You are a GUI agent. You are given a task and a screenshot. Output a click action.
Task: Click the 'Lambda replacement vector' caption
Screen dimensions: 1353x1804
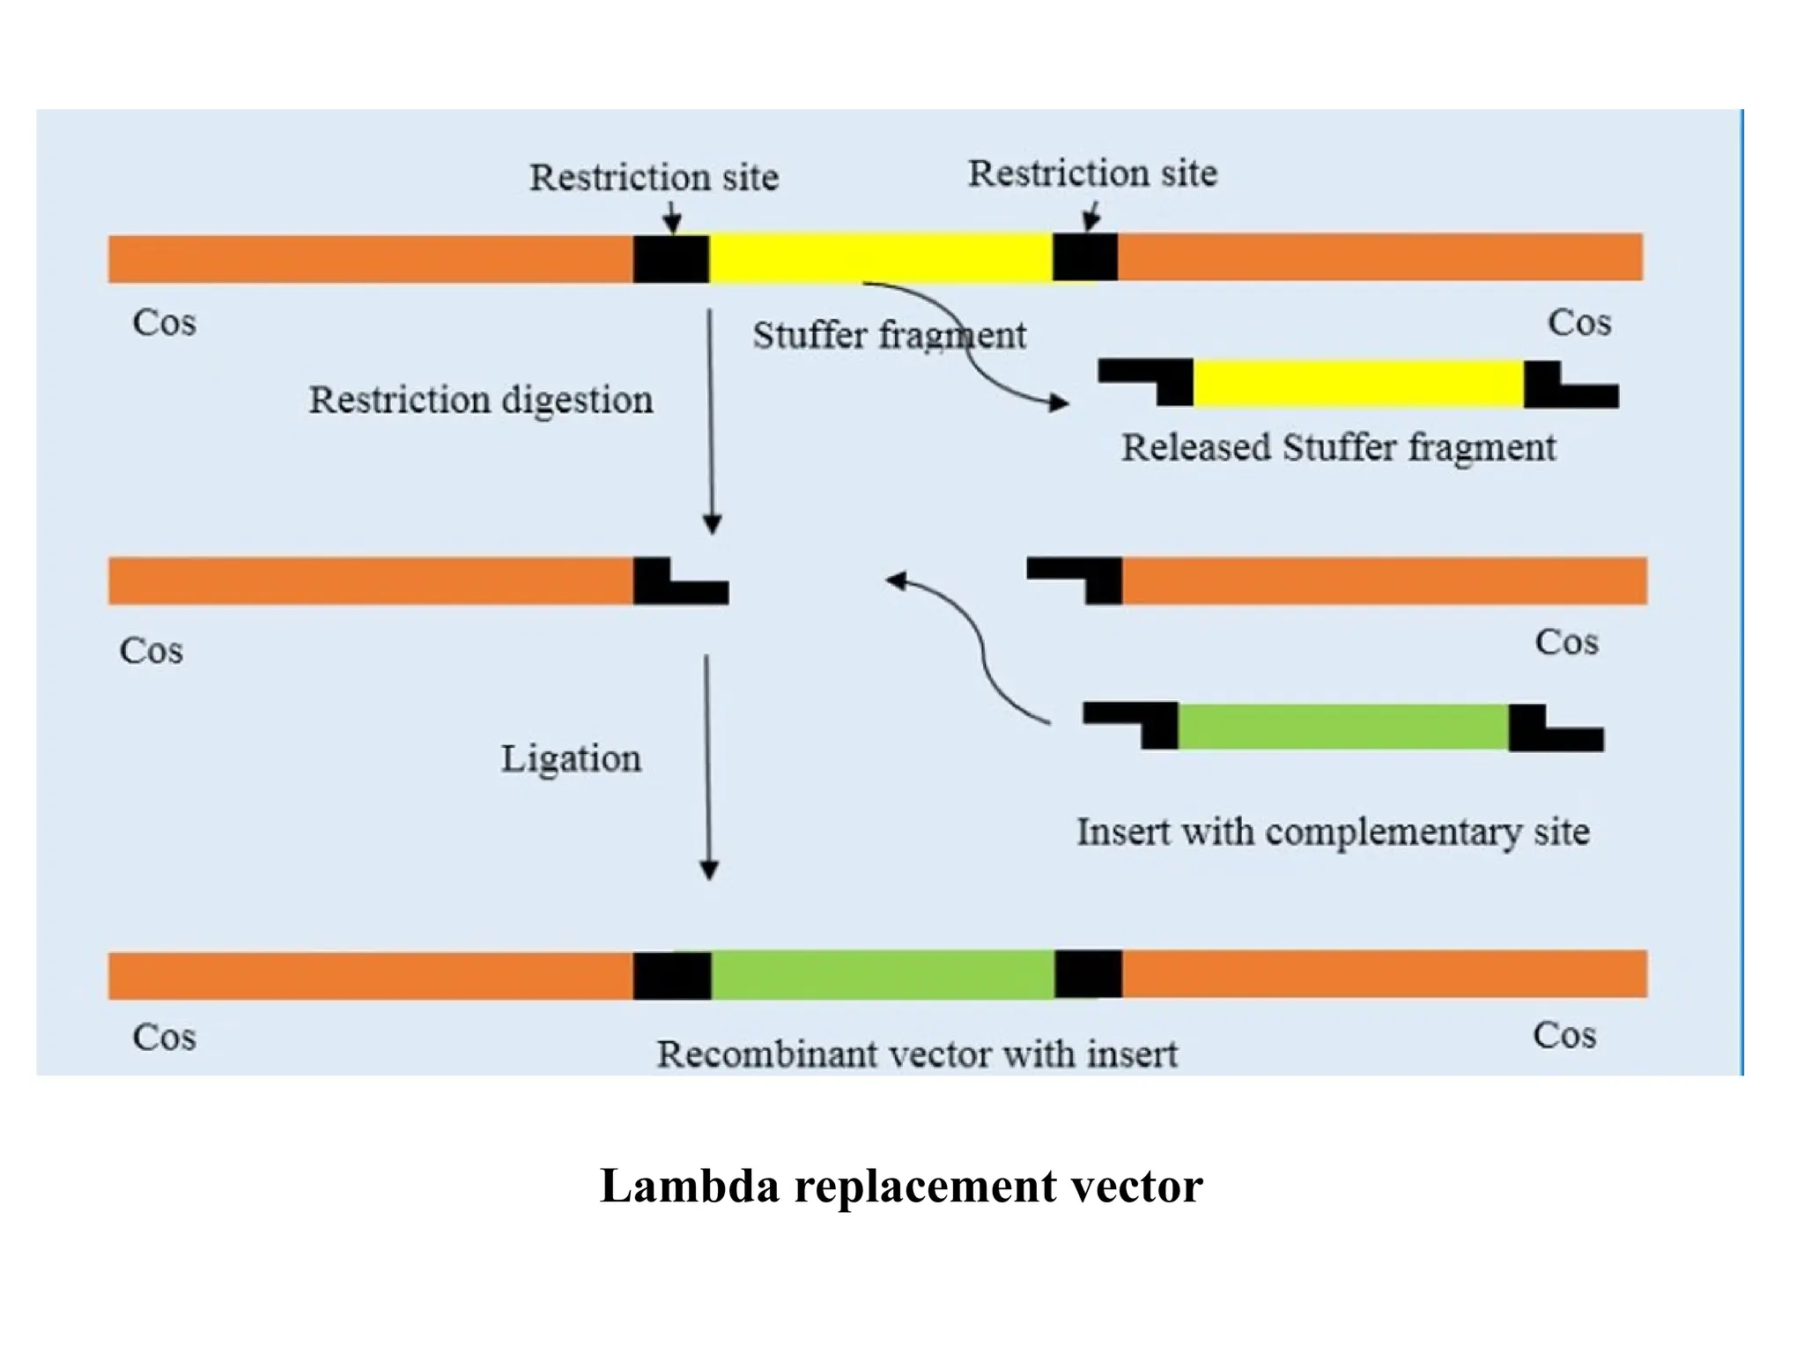(900, 1186)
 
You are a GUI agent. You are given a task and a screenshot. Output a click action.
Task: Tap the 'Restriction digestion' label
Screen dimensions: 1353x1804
(481, 400)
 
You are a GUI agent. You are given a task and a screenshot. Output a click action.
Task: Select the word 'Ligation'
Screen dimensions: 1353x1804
(571, 758)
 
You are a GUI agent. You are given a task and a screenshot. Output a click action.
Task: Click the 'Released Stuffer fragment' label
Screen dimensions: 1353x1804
(1337, 447)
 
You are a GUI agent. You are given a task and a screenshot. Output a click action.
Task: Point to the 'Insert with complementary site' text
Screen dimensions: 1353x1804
(1333, 832)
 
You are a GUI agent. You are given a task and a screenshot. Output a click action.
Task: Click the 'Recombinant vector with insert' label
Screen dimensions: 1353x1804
(916, 1054)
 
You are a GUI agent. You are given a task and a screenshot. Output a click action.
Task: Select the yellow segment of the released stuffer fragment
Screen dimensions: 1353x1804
(1357, 383)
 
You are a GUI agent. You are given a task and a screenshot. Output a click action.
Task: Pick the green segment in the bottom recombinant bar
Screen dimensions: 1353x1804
(882, 974)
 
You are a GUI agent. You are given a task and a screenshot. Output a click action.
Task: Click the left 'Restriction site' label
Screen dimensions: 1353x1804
(654, 178)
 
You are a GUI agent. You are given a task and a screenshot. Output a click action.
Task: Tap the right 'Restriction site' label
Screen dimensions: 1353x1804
(1092, 174)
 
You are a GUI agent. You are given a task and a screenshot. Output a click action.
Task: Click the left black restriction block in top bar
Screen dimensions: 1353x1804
(670, 259)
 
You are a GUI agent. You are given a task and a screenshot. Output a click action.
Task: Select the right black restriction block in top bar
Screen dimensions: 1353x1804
(1084, 257)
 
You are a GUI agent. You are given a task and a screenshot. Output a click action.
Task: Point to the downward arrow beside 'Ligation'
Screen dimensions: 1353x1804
(707, 766)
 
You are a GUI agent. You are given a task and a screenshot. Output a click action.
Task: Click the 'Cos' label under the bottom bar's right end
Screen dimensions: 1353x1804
(1564, 1035)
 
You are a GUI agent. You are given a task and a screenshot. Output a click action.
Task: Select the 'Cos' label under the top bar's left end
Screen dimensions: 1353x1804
(164, 322)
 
